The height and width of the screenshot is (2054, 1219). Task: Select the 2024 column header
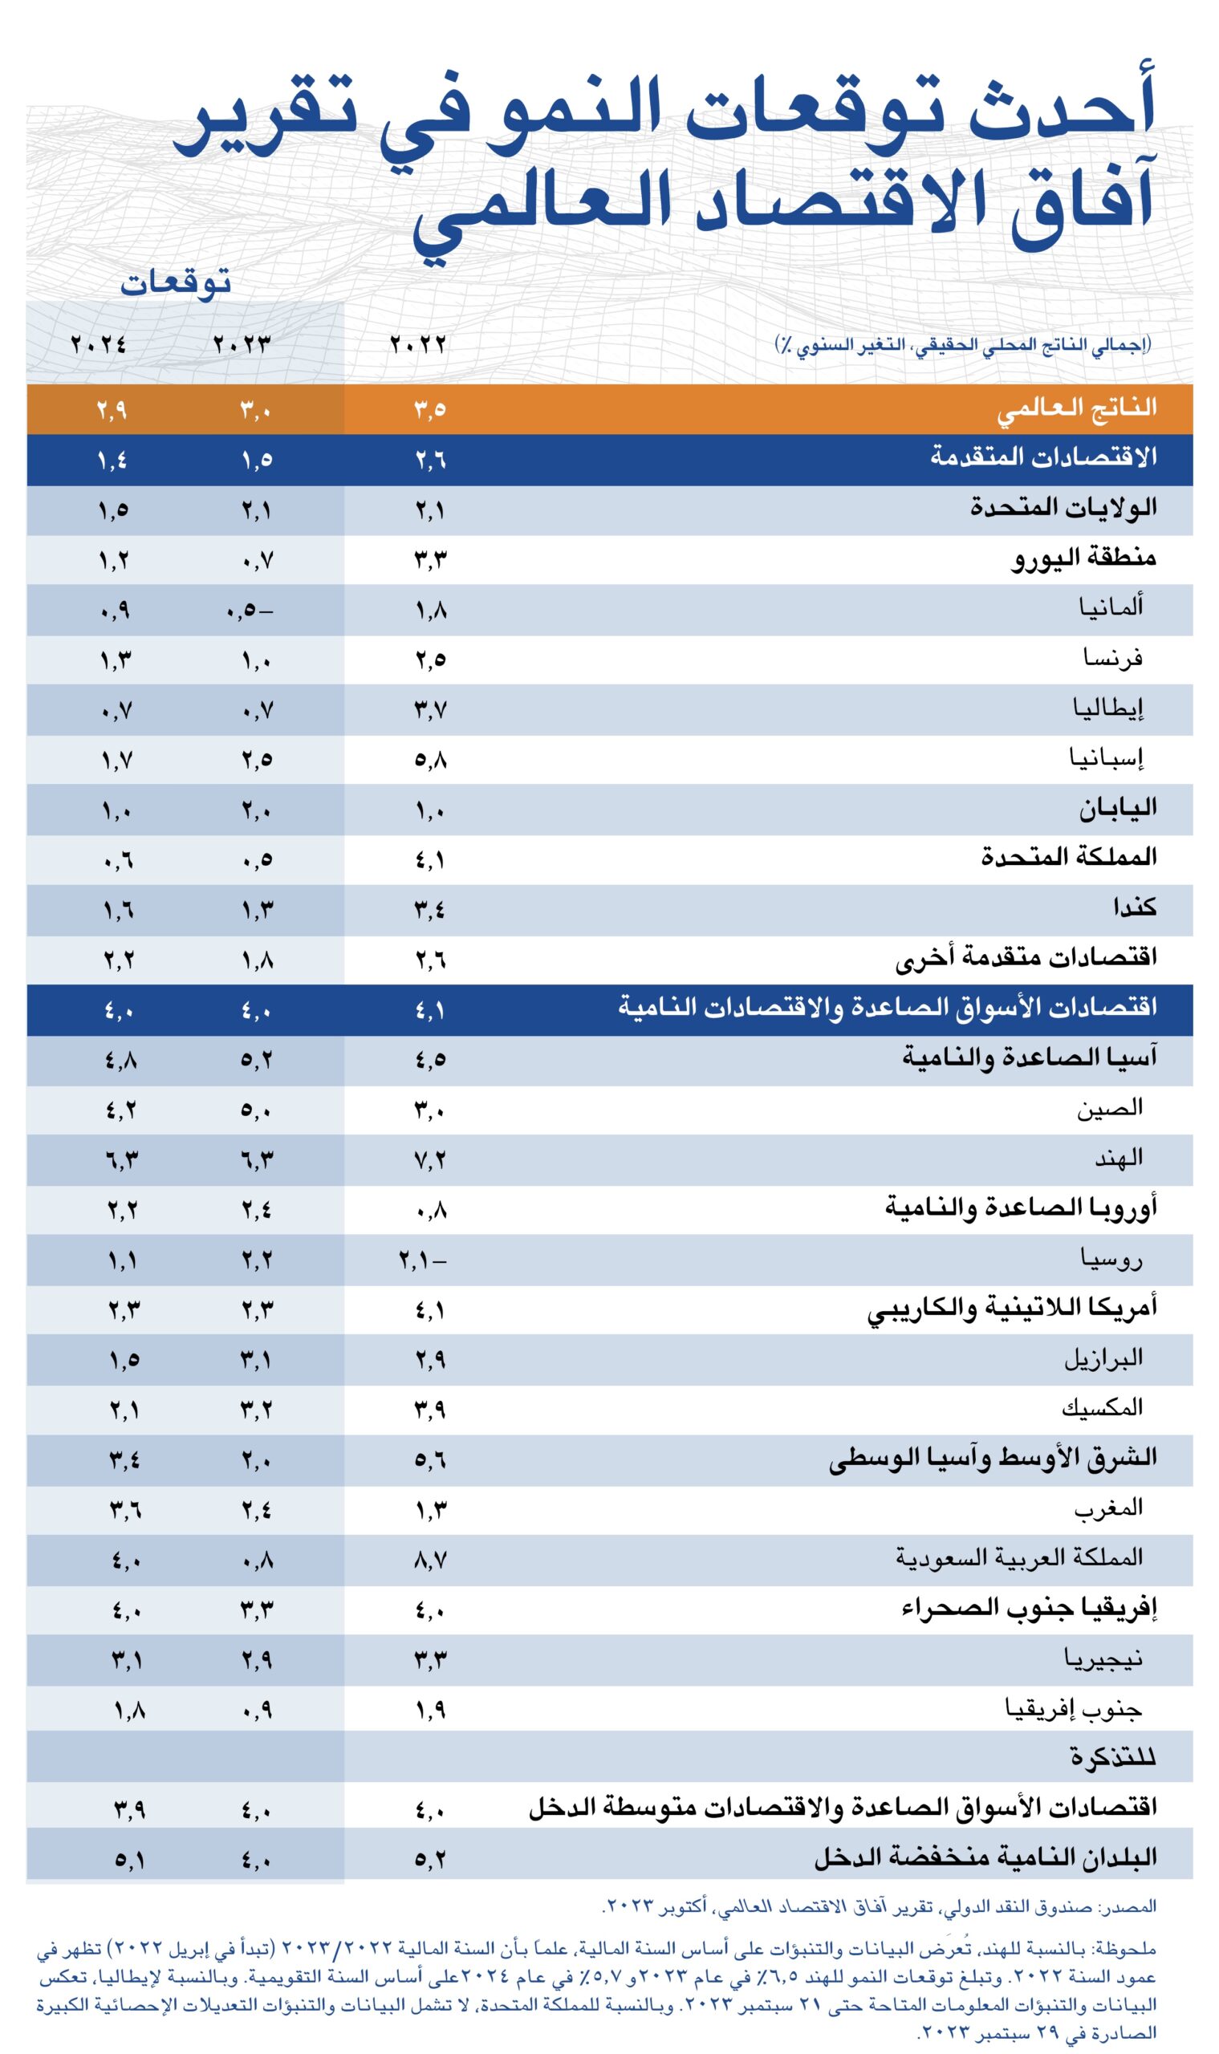(99, 343)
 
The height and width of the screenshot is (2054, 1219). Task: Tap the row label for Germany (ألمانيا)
(1111, 607)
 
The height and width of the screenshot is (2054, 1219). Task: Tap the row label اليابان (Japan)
(1117, 808)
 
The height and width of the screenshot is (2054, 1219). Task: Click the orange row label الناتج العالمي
(1077, 408)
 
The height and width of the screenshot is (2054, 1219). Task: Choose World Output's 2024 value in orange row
(112, 410)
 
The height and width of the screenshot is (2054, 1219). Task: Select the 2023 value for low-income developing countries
(256, 1857)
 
